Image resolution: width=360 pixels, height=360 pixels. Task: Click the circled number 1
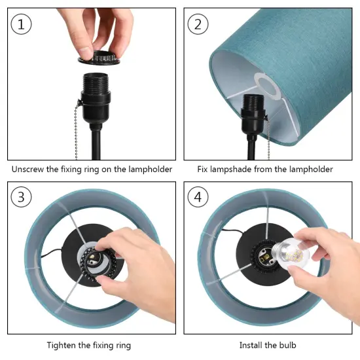click(x=21, y=24)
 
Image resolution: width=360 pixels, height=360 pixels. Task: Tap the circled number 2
click(x=198, y=24)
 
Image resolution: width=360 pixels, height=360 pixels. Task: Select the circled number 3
click(x=21, y=197)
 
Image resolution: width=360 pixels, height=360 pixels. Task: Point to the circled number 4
click(x=198, y=197)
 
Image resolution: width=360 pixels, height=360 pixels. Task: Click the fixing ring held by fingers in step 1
click(x=99, y=58)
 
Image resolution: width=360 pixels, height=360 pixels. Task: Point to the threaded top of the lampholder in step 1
click(x=95, y=82)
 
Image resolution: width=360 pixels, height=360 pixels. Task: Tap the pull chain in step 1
click(x=76, y=131)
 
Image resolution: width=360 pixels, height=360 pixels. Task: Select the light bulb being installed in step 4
click(x=291, y=253)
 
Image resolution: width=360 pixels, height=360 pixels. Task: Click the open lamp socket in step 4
click(x=264, y=255)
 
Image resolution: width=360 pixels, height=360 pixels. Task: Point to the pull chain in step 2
click(x=268, y=137)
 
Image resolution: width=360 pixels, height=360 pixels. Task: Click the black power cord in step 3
click(x=52, y=253)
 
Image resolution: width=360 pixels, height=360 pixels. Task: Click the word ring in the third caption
click(x=122, y=346)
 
